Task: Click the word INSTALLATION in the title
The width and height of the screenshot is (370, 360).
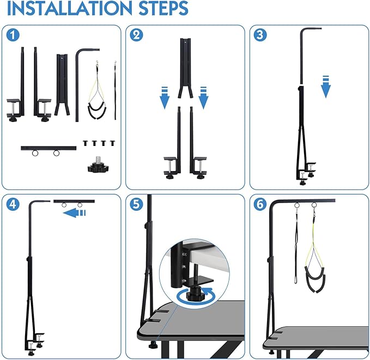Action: pos(70,8)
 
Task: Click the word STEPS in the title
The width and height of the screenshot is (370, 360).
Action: pos(163,8)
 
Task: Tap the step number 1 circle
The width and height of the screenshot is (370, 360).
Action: pos(13,35)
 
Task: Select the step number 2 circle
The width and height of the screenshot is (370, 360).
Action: pos(136,35)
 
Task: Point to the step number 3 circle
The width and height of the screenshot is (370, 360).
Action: pos(260,35)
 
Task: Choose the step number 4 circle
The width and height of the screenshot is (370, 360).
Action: pos(13,204)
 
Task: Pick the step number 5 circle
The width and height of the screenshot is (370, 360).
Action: pos(136,204)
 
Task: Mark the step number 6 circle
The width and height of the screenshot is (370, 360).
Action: pos(260,204)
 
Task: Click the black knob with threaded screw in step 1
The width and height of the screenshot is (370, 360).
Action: pos(98,164)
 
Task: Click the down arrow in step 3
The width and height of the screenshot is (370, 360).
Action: pos(326,87)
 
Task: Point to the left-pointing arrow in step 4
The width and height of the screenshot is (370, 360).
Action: pos(75,213)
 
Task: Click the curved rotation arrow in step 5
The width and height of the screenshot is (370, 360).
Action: pos(196,296)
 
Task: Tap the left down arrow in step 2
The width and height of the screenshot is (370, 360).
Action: pos(165,98)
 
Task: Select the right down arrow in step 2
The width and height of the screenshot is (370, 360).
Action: pos(203,98)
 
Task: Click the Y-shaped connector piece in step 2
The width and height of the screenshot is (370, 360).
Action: pos(185,68)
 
